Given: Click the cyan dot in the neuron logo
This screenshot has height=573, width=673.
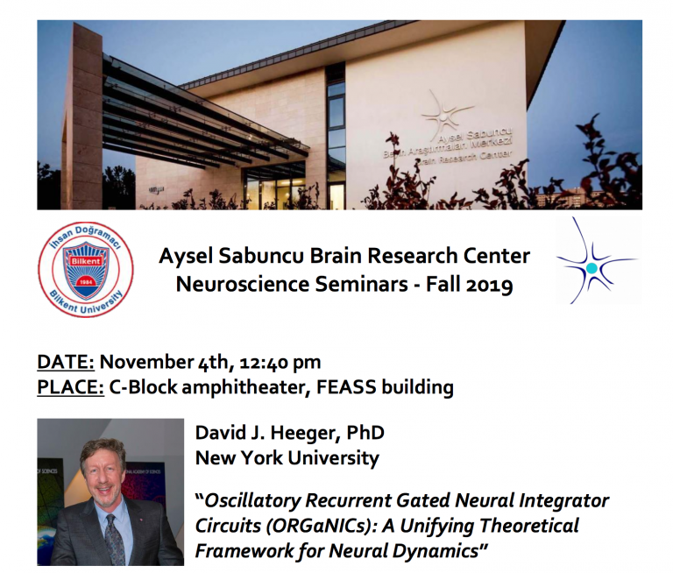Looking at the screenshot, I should click(592, 267).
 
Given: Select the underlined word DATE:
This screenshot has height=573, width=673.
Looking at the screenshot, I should click(67, 362).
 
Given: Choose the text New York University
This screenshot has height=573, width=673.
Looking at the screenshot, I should click(287, 457).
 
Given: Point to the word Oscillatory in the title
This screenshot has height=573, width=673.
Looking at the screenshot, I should click(254, 500).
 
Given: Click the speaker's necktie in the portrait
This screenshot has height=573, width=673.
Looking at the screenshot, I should click(114, 536).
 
